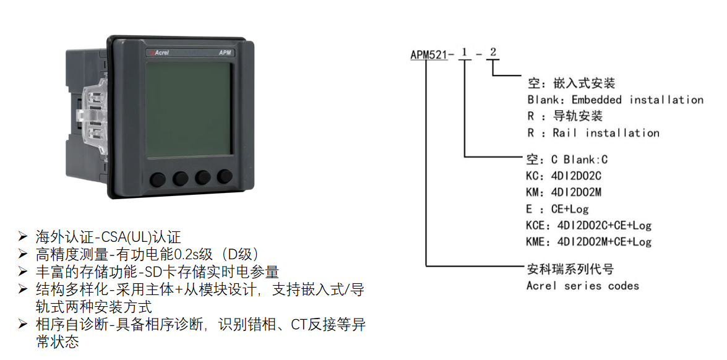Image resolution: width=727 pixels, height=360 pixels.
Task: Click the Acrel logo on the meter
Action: pos(158,53)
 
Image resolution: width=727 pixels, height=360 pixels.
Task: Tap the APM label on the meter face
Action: pos(225,53)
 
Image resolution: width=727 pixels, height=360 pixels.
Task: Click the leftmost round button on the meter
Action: pos(158,179)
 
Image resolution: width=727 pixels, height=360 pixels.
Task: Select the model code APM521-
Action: pos(429,55)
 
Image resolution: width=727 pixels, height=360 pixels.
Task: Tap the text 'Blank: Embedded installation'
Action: pos(615,100)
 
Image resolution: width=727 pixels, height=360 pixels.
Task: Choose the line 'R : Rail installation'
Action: pos(593,133)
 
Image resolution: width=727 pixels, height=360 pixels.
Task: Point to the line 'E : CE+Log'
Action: pos(557,209)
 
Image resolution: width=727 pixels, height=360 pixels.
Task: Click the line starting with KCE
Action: pos(589,226)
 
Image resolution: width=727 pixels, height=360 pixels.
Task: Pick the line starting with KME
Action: pos(589,241)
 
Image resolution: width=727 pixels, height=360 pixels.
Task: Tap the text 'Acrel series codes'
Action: pos(583,285)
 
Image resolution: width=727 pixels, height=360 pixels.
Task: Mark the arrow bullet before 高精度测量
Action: pos(23,254)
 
